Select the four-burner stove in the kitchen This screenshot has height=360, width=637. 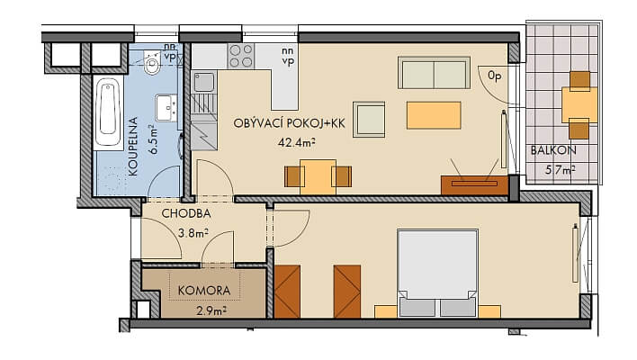pyautogui.click(x=240, y=57)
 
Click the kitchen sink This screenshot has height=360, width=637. pyautogui.click(x=204, y=84)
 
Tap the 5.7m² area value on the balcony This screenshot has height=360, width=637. pyautogui.click(x=561, y=168)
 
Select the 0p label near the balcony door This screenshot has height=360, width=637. pyautogui.click(x=494, y=76)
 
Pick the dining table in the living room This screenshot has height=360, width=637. pyautogui.click(x=318, y=176)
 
